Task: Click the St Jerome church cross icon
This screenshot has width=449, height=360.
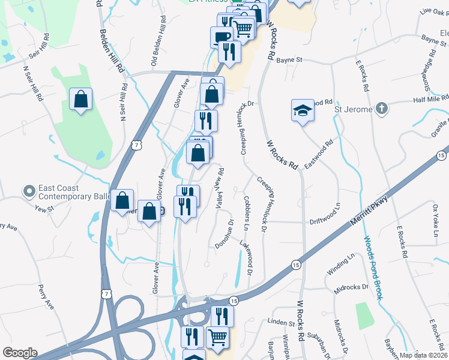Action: pyautogui.click(x=380, y=109)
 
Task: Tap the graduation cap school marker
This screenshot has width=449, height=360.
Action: pyautogui.click(x=303, y=110)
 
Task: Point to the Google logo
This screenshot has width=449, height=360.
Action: pyautogui.click(x=19, y=353)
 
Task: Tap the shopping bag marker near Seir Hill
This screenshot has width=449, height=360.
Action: pyautogui.click(x=80, y=99)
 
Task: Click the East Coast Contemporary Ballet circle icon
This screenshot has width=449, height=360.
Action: pyautogui.click(x=28, y=191)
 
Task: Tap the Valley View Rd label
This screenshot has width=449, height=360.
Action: pyautogui.click(x=220, y=189)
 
